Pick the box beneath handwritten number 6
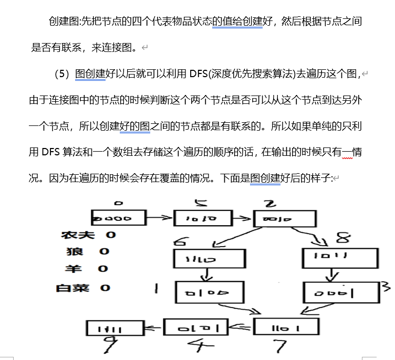(209, 258)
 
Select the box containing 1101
(286, 327)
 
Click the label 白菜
(72, 288)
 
